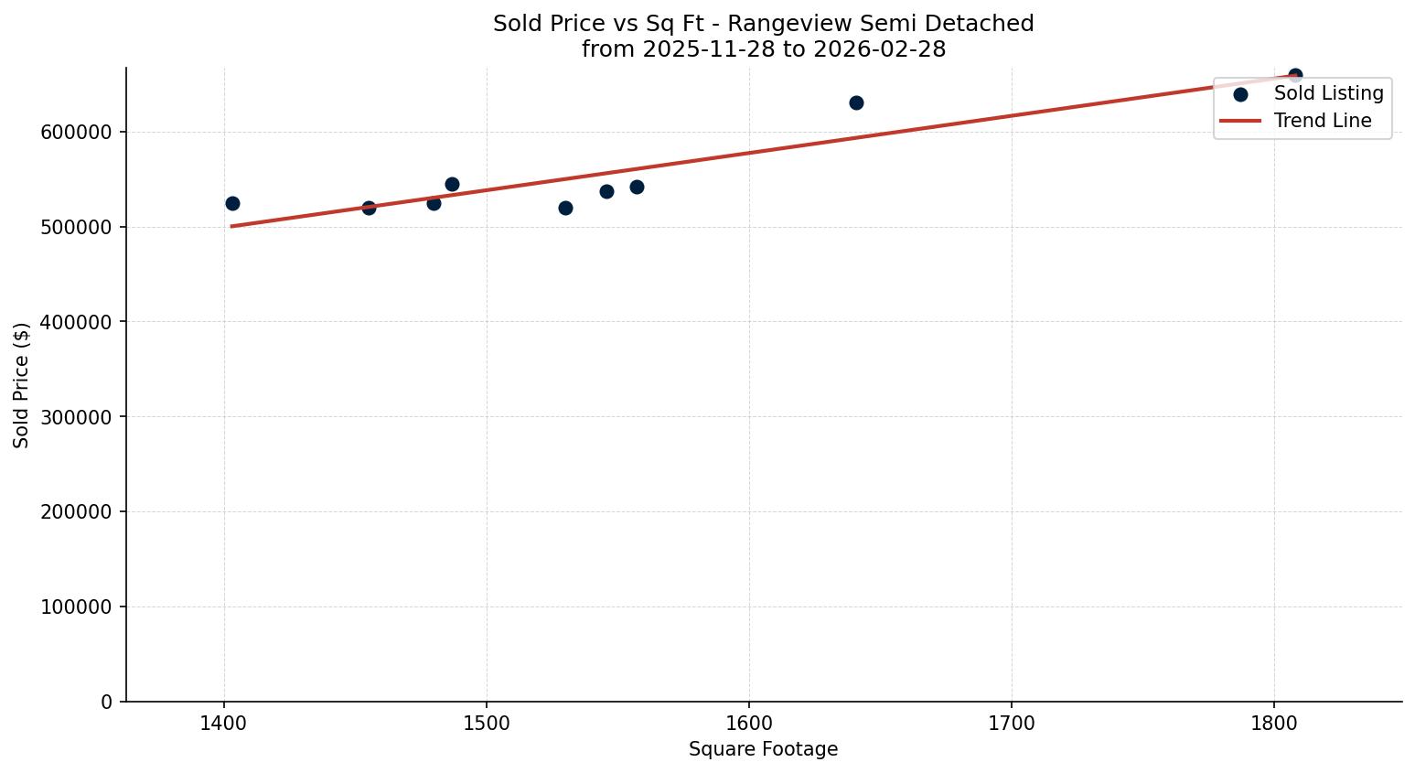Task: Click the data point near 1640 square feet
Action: coord(856,102)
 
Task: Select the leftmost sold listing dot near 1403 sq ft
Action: coord(232,203)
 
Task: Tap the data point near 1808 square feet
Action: coord(1295,75)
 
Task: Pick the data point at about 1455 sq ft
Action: coord(369,208)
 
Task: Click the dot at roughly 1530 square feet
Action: coord(565,208)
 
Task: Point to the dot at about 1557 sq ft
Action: coord(637,187)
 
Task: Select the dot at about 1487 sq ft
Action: coord(452,184)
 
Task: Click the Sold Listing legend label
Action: coord(1328,93)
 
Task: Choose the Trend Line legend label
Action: coord(1322,121)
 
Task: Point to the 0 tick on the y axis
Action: coord(107,703)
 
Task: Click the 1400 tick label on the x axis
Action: coord(224,724)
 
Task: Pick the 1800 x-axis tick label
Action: coord(1274,724)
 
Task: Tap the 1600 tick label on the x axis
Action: coord(749,724)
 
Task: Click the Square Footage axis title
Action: coord(763,750)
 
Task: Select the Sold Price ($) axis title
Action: coord(22,385)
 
